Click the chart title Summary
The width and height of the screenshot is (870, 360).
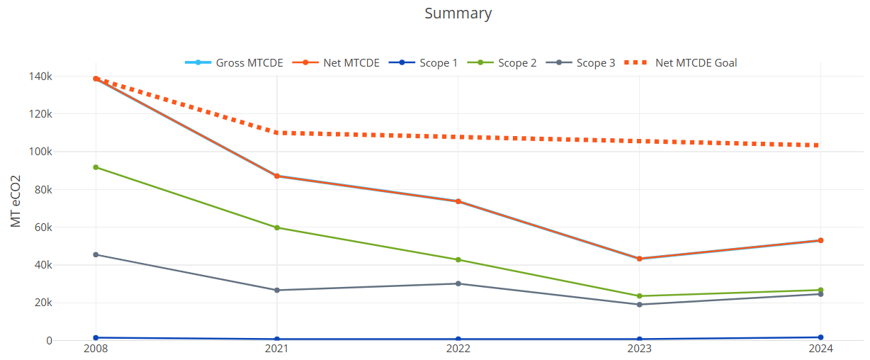coord(458,13)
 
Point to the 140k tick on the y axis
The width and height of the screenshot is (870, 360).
coord(40,77)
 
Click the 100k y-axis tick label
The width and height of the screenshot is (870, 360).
coord(40,152)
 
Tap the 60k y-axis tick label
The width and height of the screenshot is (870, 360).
coord(43,227)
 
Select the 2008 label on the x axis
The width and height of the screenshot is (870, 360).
coord(96,349)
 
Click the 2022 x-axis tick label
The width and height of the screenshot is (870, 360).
coord(458,349)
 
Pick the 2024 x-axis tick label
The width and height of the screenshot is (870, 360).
coord(820,349)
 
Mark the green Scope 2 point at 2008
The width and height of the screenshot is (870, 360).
coord(96,167)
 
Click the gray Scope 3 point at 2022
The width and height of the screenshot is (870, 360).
coord(458,283)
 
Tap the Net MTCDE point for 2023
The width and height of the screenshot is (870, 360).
coord(640,259)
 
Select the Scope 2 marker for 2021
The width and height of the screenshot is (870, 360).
coord(277,227)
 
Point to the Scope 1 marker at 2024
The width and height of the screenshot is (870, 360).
coord(820,337)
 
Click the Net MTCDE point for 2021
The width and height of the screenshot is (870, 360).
coord(277,176)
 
